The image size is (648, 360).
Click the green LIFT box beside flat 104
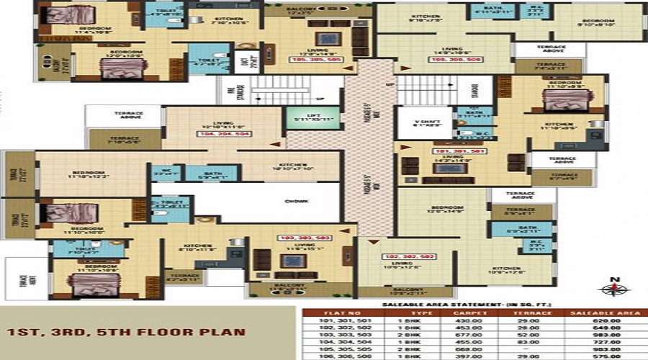pos(303,118)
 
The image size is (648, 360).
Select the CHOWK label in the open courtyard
pos(292,202)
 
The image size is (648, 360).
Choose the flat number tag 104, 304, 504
pos(225,134)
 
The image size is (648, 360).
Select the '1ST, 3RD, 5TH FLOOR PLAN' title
pos(127,333)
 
